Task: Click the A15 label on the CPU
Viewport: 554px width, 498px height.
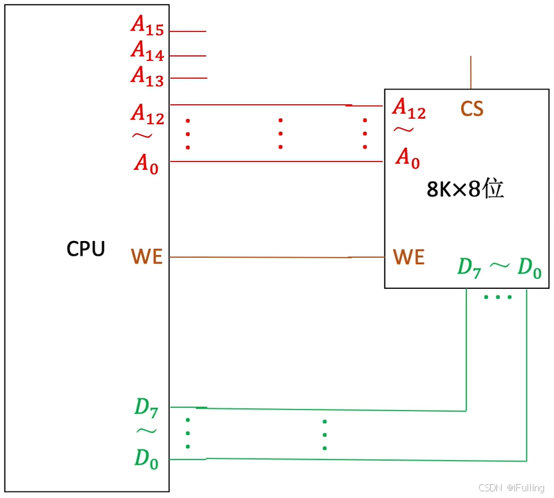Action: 147,26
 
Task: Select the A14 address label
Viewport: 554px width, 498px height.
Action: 147,51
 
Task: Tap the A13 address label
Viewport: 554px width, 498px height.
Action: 147,75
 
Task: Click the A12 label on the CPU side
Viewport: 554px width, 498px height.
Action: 147,114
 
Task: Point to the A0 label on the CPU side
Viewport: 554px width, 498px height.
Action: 147,163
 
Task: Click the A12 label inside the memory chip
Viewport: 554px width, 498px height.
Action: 409,108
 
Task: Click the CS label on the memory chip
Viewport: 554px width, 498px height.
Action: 472,109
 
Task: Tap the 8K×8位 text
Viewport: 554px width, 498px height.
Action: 465,189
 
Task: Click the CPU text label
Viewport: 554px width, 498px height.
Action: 86,249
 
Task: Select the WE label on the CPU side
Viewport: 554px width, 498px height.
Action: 147,257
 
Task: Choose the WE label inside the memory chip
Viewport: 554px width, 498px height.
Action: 409,257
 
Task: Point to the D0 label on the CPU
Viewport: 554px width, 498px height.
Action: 147,459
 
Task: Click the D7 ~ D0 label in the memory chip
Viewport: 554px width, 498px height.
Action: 500,268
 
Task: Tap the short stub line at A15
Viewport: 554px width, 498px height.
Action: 188,31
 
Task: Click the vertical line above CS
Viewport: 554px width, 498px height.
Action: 471,72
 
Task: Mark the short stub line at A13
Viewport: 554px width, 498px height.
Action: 188,78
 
